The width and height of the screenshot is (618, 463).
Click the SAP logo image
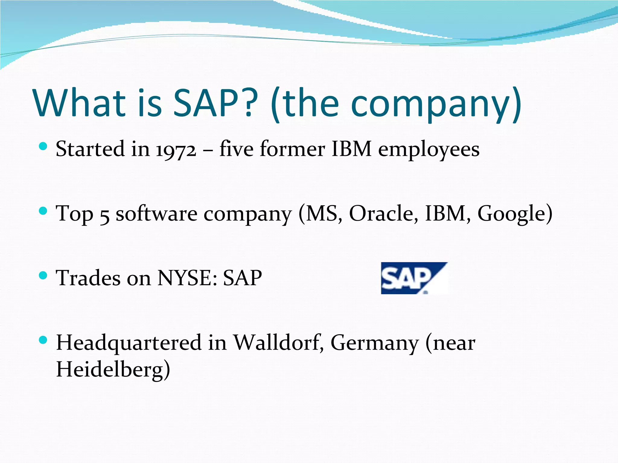(414, 278)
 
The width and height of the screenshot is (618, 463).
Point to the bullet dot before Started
(43, 146)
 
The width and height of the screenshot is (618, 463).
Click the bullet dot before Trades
(43, 275)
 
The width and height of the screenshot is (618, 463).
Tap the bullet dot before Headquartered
(43, 340)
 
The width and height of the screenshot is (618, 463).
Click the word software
(157, 213)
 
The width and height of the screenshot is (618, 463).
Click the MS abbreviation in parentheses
(321, 213)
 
